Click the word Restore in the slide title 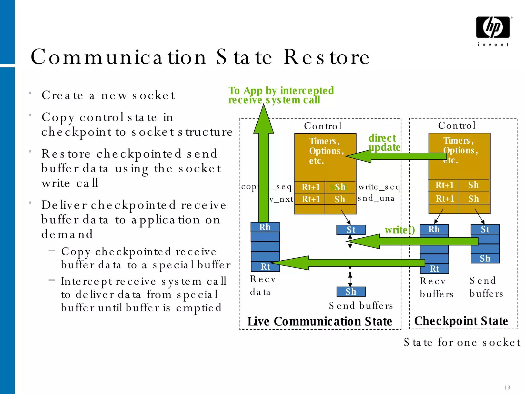click(326, 57)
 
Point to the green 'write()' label click(399, 230)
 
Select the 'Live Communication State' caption click(319, 321)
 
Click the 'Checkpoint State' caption click(461, 321)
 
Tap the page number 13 click(507, 387)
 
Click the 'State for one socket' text click(462, 342)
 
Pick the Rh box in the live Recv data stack click(265, 227)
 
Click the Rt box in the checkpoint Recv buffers click(434, 269)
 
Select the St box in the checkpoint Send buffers click(485, 229)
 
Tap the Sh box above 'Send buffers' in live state click(351, 292)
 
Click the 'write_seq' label click(379, 187)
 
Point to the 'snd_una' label click(376, 198)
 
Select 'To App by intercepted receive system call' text click(281, 95)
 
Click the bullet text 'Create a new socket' click(108, 95)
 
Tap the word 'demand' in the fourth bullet click(67, 234)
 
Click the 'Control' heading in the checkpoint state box click(457, 125)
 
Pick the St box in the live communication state click(351, 230)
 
